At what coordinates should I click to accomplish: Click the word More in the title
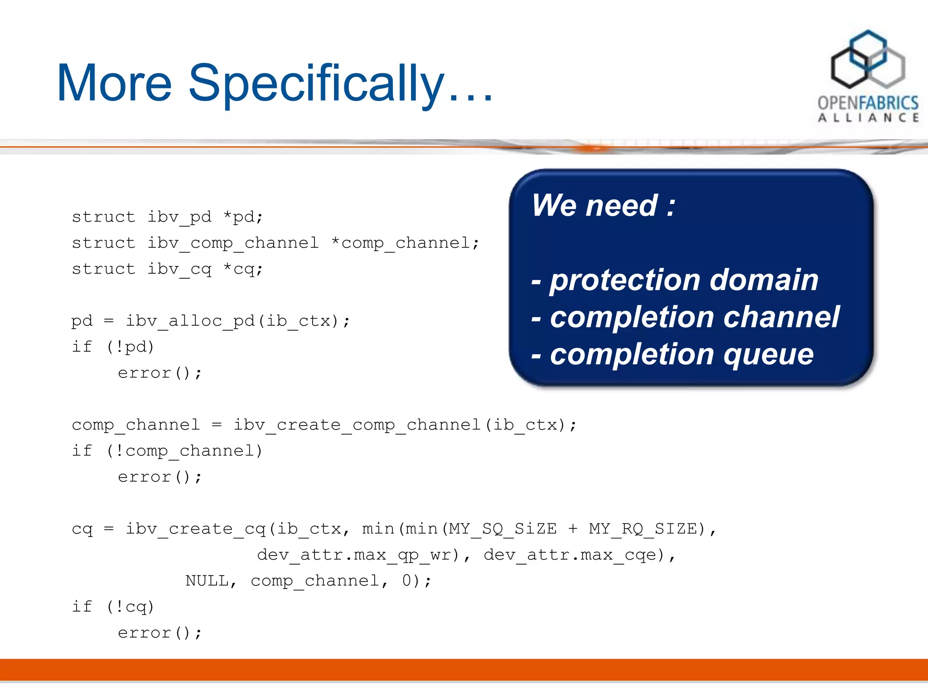click(x=114, y=84)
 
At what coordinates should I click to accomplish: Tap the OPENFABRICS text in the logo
click(x=868, y=103)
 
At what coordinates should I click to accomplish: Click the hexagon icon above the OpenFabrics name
click(x=868, y=59)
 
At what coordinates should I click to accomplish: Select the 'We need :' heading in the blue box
click(x=603, y=206)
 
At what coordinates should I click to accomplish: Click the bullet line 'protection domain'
click(x=675, y=280)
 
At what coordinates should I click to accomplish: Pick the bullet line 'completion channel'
click(x=686, y=317)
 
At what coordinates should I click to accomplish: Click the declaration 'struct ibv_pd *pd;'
click(x=167, y=217)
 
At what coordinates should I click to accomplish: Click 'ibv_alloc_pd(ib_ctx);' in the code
click(x=238, y=321)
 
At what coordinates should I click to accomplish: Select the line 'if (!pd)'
click(x=113, y=347)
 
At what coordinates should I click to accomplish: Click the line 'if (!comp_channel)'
click(x=167, y=451)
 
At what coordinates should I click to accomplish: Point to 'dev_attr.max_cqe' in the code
click(x=570, y=555)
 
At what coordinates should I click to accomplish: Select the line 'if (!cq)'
click(x=113, y=607)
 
